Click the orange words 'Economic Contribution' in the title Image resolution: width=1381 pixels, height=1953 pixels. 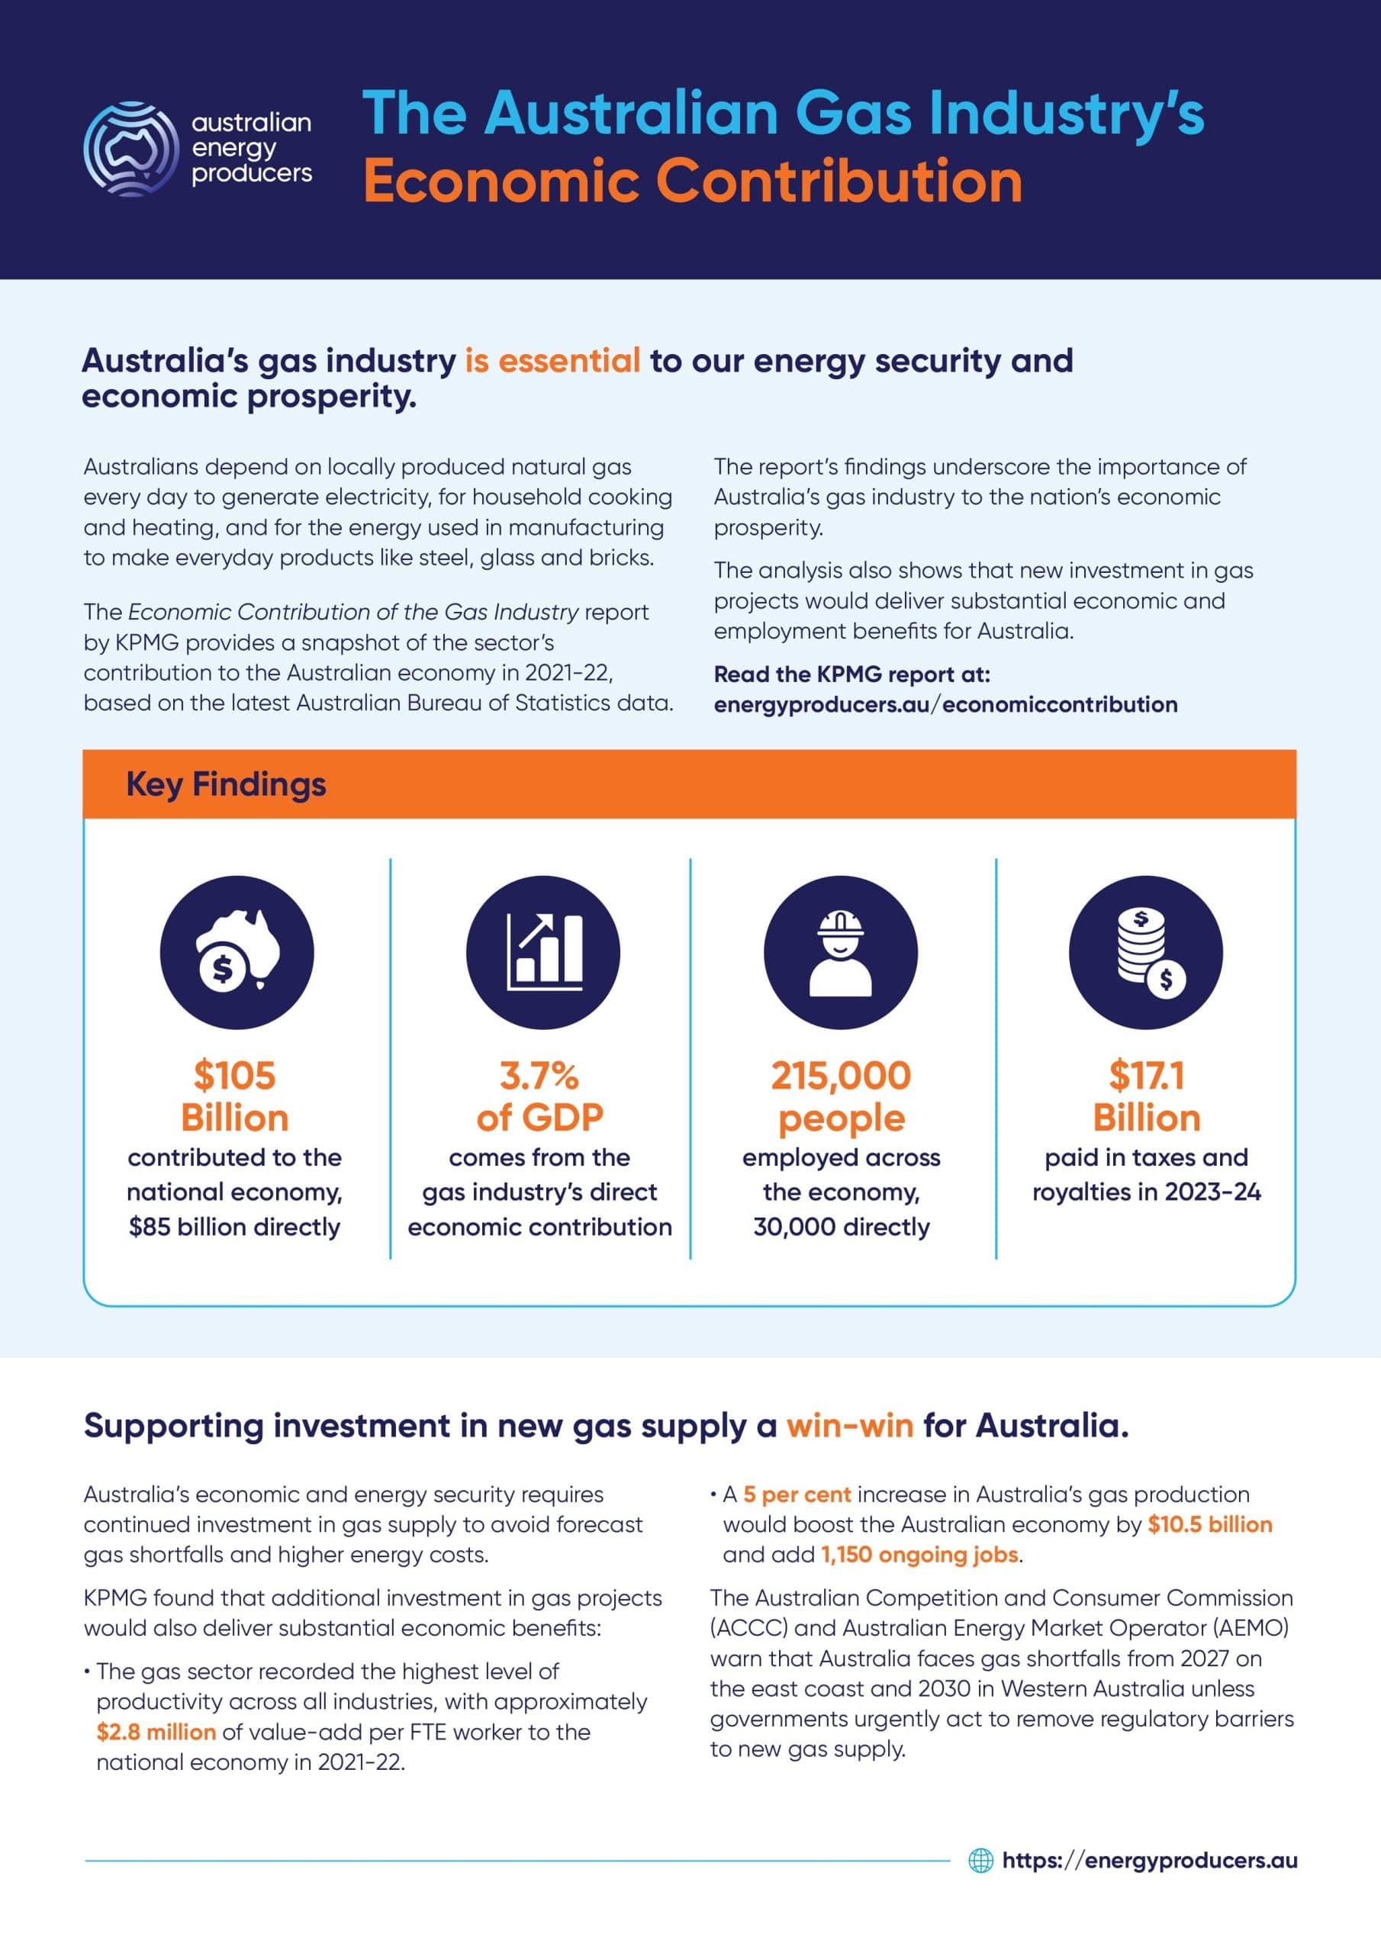[x=693, y=182]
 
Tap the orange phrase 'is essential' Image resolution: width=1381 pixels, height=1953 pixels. [x=552, y=361]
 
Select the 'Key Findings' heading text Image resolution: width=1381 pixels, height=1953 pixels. [x=226, y=784]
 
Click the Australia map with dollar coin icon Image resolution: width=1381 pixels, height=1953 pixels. [x=237, y=952]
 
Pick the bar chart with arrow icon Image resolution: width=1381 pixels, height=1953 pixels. [x=543, y=952]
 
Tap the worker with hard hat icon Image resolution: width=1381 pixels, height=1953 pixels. [x=840, y=952]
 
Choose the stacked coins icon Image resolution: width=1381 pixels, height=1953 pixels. [x=1145, y=952]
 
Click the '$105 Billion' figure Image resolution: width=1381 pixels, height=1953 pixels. [x=235, y=1096]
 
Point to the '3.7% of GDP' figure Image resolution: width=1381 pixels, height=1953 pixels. [x=539, y=1096]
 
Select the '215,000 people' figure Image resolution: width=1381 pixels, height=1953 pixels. [x=841, y=1096]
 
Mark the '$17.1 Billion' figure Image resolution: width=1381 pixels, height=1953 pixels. [x=1146, y=1096]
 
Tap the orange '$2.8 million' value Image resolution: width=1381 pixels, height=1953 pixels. [x=156, y=1732]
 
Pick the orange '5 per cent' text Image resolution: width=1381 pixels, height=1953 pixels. [x=797, y=1495]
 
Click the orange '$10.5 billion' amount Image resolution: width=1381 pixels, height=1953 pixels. [x=1209, y=1524]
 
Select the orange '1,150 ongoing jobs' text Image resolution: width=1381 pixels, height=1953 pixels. [x=919, y=1555]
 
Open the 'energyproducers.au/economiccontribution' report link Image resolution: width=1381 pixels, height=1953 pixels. [x=945, y=704]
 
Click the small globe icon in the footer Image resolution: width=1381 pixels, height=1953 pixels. [x=981, y=1860]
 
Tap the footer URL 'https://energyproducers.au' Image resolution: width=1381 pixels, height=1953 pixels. [x=1150, y=1860]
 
